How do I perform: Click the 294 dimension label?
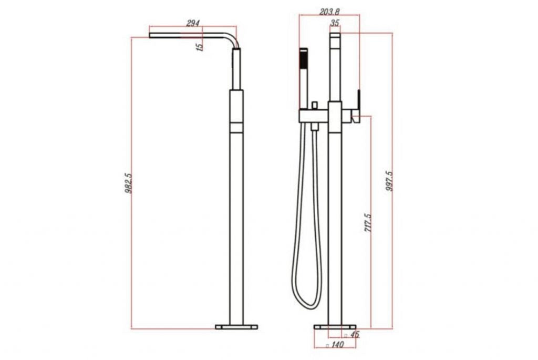point(193,23)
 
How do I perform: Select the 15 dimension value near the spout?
point(199,46)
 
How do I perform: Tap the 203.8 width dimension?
point(329,11)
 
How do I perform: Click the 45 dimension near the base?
point(354,334)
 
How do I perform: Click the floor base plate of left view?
point(236,327)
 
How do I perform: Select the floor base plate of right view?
point(335,327)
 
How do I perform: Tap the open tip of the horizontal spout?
point(151,35)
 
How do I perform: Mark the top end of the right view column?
point(335,36)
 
